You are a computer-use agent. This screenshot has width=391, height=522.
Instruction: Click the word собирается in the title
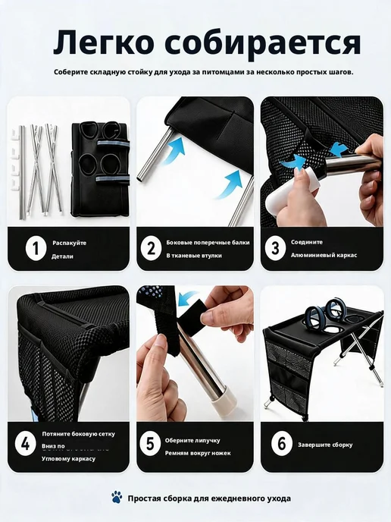click(x=263, y=42)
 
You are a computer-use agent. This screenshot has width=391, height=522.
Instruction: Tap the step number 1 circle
click(x=36, y=248)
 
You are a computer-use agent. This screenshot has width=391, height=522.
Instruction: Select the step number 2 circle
click(x=152, y=248)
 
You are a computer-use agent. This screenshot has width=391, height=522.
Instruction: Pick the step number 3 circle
click(x=275, y=248)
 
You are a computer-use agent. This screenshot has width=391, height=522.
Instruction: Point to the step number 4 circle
click(x=26, y=445)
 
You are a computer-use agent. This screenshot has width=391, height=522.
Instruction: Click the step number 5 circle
click(x=150, y=445)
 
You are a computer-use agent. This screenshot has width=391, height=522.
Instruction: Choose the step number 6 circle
click(x=282, y=445)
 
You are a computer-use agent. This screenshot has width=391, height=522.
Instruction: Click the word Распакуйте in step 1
click(x=70, y=243)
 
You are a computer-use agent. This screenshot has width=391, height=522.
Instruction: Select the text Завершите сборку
click(x=325, y=445)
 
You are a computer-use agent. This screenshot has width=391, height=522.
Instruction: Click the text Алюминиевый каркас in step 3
click(x=324, y=255)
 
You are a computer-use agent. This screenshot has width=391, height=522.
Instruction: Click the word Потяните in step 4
click(x=55, y=434)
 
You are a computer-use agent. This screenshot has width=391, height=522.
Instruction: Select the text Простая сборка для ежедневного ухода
click(x=209, y=498)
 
